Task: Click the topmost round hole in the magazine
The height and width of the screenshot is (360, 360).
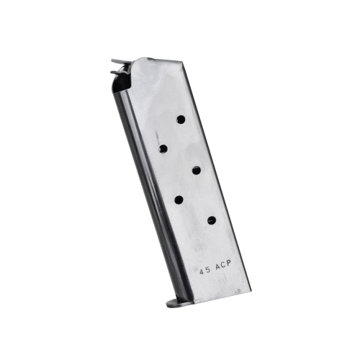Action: [181, 120]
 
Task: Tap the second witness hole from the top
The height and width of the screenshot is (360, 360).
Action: [163, 149]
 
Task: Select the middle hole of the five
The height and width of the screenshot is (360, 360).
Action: [197, 171]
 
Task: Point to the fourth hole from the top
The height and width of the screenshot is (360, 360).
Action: [179, 199]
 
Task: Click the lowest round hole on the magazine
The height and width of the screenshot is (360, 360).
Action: [212, 220]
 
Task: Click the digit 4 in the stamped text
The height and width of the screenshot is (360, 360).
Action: [202, 272]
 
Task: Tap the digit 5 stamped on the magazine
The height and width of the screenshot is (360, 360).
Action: [208, 270]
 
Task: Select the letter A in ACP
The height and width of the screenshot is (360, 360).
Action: [218, 266]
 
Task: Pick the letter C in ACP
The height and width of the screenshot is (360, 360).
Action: [223, 265]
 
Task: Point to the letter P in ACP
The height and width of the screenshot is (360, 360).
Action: [228, 263]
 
